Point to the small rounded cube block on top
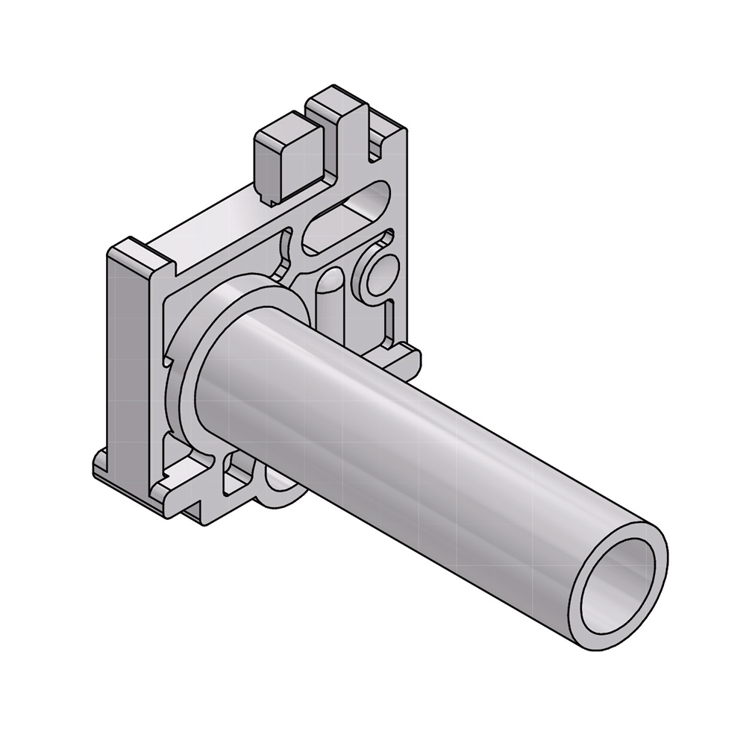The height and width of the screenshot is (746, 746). [283, 157]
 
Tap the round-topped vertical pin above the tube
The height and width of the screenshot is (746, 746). [328, 295]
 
